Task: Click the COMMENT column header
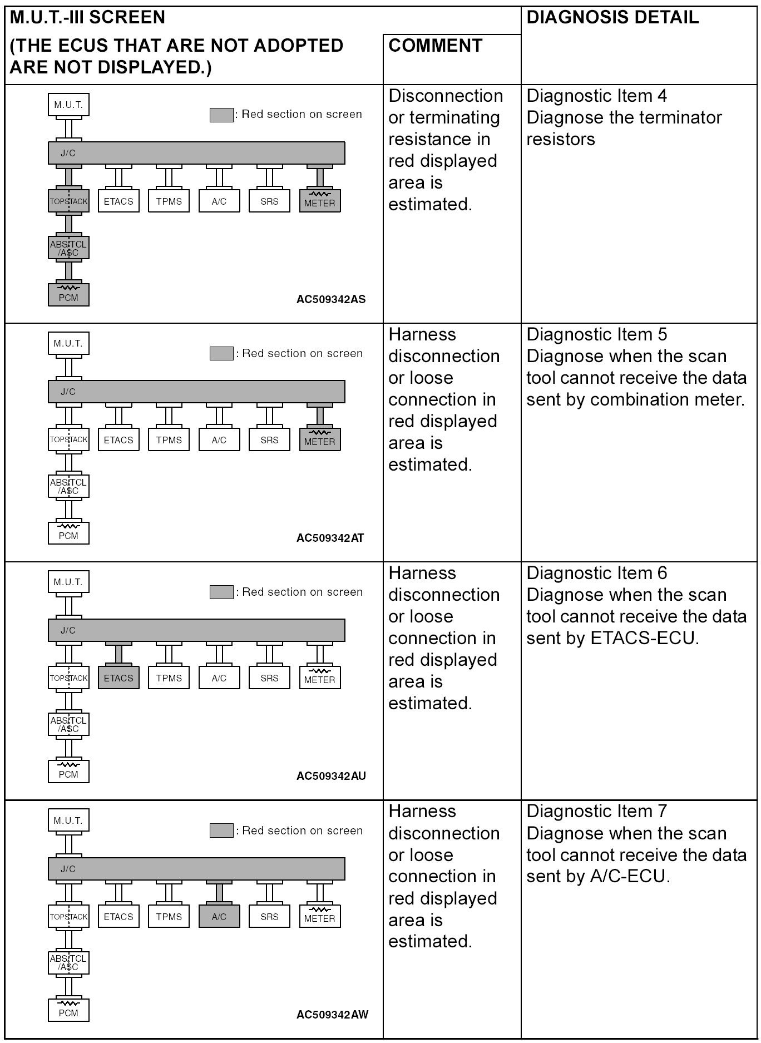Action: click(x=435, y=46)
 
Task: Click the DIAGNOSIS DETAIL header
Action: click(x=612, y=18)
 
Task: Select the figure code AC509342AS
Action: click(x=331, y=299)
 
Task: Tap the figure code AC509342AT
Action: click(x=330, y=538)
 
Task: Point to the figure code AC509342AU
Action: click(x=331, y=776)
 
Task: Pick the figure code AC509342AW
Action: click(x=332, y=1014)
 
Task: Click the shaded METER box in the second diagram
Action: click(x=320, y=440)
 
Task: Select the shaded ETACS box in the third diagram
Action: click(x=118, y=678)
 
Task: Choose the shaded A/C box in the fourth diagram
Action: click(x=219, y=917)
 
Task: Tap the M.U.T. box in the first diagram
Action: click(x=68, y=105)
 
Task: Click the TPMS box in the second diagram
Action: click(x=169, y=440)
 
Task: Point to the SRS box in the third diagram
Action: click(x=269, y=678)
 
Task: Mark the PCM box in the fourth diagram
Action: click(x=68, y=1010)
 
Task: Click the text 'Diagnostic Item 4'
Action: click(x=596, y=96)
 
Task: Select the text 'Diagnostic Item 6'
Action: click(x=596, y=573)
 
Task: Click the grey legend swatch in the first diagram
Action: click(x=221, y=115)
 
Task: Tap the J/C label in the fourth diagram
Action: click(x=68, y=869)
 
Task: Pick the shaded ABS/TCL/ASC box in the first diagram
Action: click(x=68, y=248)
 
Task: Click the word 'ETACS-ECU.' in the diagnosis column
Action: click(x=644, y=638)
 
